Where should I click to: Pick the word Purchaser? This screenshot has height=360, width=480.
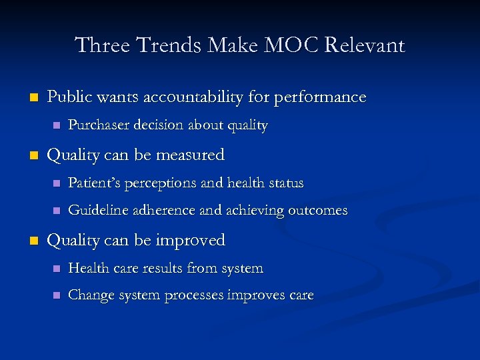point(99,126)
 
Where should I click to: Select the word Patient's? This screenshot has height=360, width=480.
point(95,183)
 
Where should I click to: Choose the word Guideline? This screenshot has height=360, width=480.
point(97,211)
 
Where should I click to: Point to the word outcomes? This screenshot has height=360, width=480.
point(317,211)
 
